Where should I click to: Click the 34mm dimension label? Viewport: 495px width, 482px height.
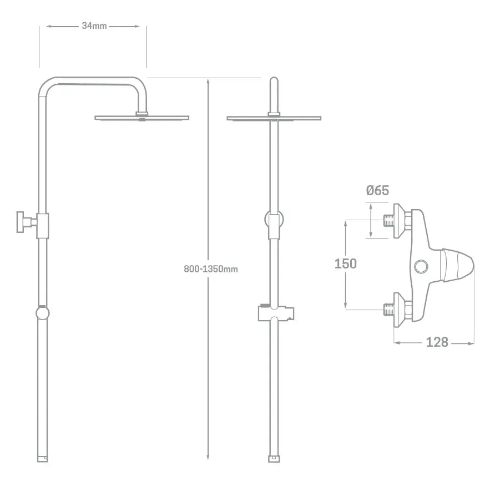(x=94, y=26)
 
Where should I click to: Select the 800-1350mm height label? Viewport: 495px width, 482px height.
(x=210, y=269)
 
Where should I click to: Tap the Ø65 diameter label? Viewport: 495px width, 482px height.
(x=377, y=191)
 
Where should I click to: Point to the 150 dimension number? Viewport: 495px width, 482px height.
(x=345, y=263)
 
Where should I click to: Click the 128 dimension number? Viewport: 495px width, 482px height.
(x=437, y=342)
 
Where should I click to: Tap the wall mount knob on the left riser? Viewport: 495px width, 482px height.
(x=21, y=222)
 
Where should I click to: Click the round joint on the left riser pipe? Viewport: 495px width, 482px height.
(x=42, y=313)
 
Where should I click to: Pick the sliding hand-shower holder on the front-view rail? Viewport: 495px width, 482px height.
(x=276, y=313)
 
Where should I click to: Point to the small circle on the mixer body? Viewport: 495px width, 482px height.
(x=421, y=267)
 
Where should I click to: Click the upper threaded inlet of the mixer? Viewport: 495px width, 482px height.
(x=388, y=221)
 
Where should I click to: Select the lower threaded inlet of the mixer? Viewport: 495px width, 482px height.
(x=388, y=310)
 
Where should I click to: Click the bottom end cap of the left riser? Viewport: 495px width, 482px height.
(x=43, y=459)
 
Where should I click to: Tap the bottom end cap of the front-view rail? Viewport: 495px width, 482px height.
(x=274, y=459)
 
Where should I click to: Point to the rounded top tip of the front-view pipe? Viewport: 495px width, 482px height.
(x=274, y=78)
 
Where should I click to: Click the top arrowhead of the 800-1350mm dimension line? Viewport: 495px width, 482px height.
(x=208, y=81)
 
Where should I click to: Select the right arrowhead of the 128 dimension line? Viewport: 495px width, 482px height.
(x=471, y=343)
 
